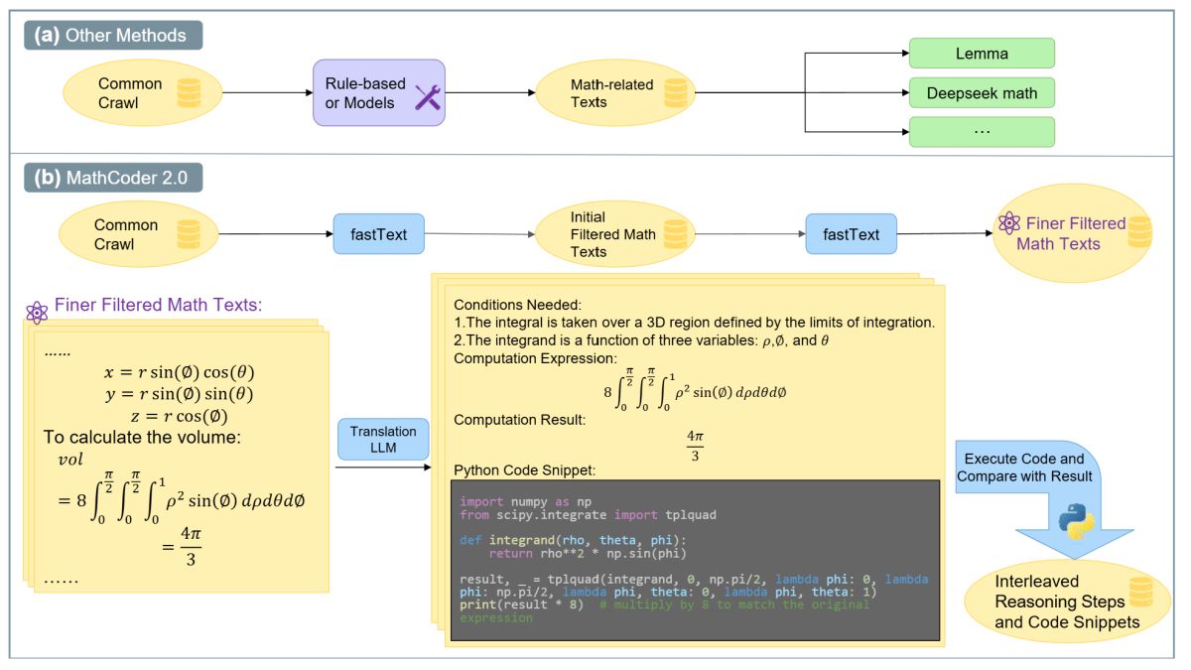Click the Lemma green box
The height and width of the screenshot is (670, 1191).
tap(982, 54)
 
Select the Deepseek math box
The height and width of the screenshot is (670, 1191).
tap(982, 93)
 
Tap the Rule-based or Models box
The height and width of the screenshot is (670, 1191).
tap(379, 93)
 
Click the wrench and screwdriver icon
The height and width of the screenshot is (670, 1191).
tap(427, 96)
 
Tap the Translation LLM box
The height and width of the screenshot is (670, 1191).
tap(383, 439)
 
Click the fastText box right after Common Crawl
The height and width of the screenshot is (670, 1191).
tap(378, 234)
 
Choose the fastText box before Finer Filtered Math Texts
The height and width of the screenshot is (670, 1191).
tap(851, 234)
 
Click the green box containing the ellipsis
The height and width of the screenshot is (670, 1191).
tap(982, 132)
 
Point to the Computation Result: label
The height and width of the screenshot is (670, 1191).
tap(519, 419)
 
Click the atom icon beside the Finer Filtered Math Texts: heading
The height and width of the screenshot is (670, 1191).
tap(38, 312)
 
